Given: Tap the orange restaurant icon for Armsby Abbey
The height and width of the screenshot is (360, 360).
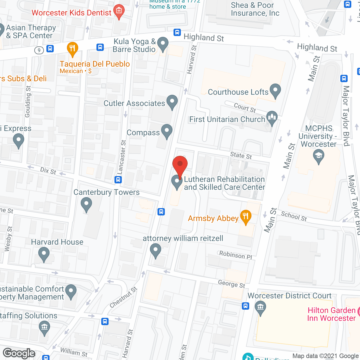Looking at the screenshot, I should tap(246, 217).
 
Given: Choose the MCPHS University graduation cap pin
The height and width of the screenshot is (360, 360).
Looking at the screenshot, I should tap(319, 156).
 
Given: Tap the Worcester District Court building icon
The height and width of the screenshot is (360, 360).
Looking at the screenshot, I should tap(260, 307).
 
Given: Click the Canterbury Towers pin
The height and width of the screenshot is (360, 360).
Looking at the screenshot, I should tap(86, 204).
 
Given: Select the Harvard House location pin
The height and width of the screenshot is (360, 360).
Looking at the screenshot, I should tap(44, 254).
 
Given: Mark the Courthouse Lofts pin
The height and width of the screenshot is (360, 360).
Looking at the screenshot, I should tap(275, 91).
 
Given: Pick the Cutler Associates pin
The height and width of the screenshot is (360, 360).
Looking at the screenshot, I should tap(172, 102).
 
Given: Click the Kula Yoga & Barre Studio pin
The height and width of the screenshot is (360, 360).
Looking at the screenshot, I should tap(163, 44).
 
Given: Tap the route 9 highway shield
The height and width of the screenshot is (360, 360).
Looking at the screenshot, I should tap(39, 50).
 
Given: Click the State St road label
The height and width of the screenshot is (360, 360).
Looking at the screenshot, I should tap(241, 155).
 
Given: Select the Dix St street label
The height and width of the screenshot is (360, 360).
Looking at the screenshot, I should tap(48, 171).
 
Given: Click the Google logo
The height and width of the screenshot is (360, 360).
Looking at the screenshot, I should tap(19, 353).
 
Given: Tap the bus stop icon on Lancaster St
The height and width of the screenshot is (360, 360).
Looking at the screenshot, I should tap(118, 179).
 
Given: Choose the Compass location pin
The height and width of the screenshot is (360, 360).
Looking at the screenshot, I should tap(167, 131).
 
